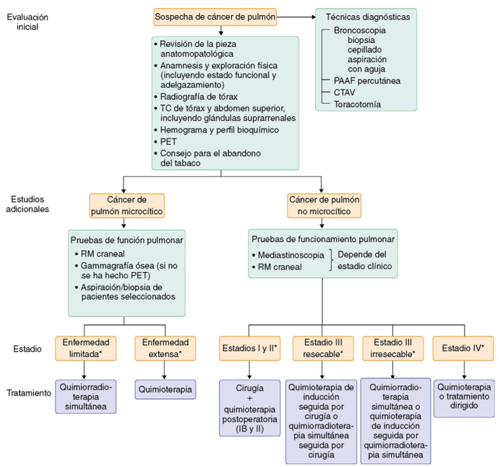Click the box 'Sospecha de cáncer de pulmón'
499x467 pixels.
[x=216, y=17]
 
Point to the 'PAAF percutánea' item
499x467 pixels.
[x=360, y=80]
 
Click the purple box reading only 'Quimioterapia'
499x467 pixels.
[x=165, y=388]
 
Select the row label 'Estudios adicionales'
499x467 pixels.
[x=28, y=203]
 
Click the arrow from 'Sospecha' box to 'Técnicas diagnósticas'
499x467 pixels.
[x=296, y=17]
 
